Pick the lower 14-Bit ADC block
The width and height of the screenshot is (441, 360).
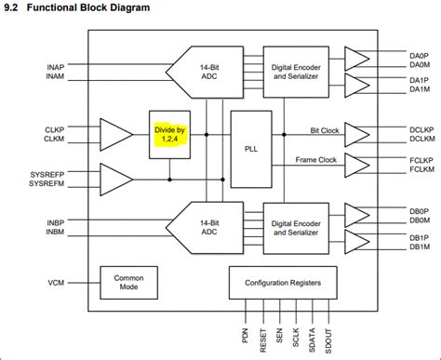201,224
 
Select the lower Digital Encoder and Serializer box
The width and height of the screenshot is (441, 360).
295,224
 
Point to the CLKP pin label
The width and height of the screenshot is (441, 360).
55,129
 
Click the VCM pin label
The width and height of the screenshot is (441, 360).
55,283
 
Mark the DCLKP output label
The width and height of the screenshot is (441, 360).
421,129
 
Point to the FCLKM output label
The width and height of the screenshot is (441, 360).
421,169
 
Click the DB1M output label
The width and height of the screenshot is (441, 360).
419,247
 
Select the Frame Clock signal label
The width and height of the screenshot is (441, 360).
316,159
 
